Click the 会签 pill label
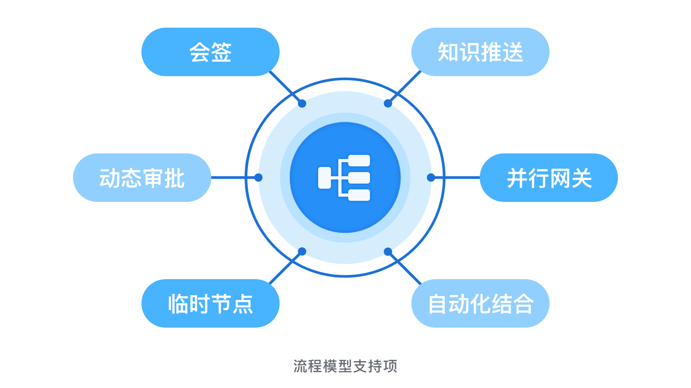coord(211,52)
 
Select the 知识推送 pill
coord(480,52)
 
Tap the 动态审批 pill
coord(142,177)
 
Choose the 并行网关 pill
coord(549,177)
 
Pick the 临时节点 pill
coord(211,303)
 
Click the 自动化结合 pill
coord(480,303)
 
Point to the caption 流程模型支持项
coord(345,366)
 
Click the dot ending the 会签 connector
coord(302,103)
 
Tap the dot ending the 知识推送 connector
coord(388,103)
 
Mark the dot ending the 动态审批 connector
coord(258,177)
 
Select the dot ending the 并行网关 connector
coord(431,177)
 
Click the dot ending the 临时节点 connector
coord(302,251)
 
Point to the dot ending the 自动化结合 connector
coord(388,251)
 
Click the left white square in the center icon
coord(325,178)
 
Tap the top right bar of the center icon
coord(359,161)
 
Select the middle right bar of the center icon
coord(359,178)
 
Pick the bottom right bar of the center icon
coord(359,195)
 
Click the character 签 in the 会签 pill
coord(221,52)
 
